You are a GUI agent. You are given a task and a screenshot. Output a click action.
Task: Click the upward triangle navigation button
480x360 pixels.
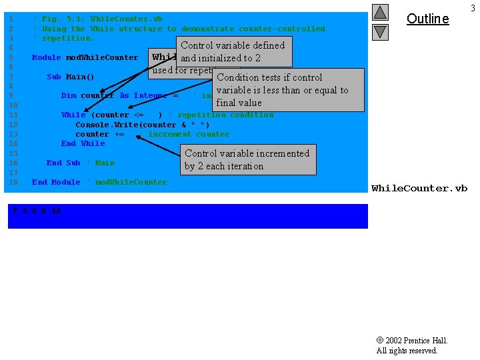click(x=380, y=12)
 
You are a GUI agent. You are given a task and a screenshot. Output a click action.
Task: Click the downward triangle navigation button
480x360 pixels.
click(x=380, y=31)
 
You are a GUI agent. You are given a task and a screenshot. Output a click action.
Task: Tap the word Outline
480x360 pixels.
click(x=427, y=19)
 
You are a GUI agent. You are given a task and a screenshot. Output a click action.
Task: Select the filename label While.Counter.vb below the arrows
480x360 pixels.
click(x=419, y=189)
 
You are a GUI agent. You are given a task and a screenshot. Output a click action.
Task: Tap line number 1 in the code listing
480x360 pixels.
click(x=11, y=19)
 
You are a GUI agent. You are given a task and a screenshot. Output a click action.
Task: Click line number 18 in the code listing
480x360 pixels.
click(x=13, y=182)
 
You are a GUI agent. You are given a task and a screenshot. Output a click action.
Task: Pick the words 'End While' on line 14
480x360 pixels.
click(x=83, y=143)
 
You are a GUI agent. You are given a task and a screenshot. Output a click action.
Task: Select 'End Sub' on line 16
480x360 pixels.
click(x=63, y=163)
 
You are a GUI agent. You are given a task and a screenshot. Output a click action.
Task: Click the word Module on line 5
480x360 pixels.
click(x=46, y=57)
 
